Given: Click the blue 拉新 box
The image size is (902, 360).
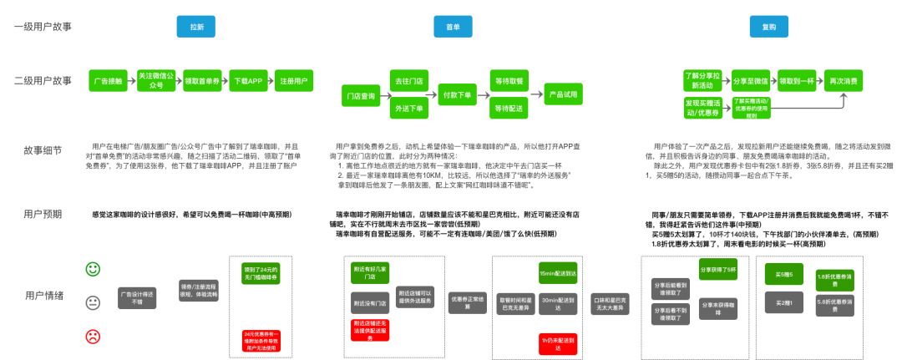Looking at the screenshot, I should (x=196, y=27).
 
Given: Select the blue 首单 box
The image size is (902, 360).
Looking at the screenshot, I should (x=448, y=27).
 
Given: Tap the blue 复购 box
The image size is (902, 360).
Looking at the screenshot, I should (x=768, y=27).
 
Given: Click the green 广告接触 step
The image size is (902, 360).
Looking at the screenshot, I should (x=107, y=81).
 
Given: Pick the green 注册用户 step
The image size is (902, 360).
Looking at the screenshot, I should (x=294, y=81).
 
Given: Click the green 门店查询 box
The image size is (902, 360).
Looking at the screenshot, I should (x=360, y=95).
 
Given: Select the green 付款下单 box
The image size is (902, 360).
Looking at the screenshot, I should (x=457, y=95).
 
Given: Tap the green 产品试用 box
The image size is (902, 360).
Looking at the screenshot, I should (x=565, y=95).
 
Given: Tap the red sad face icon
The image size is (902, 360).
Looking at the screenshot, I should (x=94, y=337).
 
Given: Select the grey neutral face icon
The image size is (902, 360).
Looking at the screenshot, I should (x=94, y=302).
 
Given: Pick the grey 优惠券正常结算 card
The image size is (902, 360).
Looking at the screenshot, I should (x=466, y=302).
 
